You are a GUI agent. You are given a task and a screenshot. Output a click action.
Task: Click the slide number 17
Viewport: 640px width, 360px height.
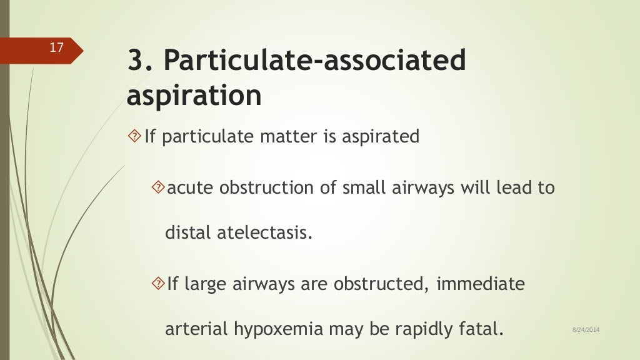point(56,47)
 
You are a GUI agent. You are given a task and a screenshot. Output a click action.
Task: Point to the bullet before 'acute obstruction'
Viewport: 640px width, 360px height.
point(158,187)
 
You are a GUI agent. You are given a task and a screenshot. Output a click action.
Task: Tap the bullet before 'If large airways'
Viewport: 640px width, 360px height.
point(158,284)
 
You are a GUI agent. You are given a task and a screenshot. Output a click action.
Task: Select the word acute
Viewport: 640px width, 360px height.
point(189,187)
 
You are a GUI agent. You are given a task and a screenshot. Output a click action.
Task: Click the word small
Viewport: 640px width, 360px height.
point(362,187)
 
